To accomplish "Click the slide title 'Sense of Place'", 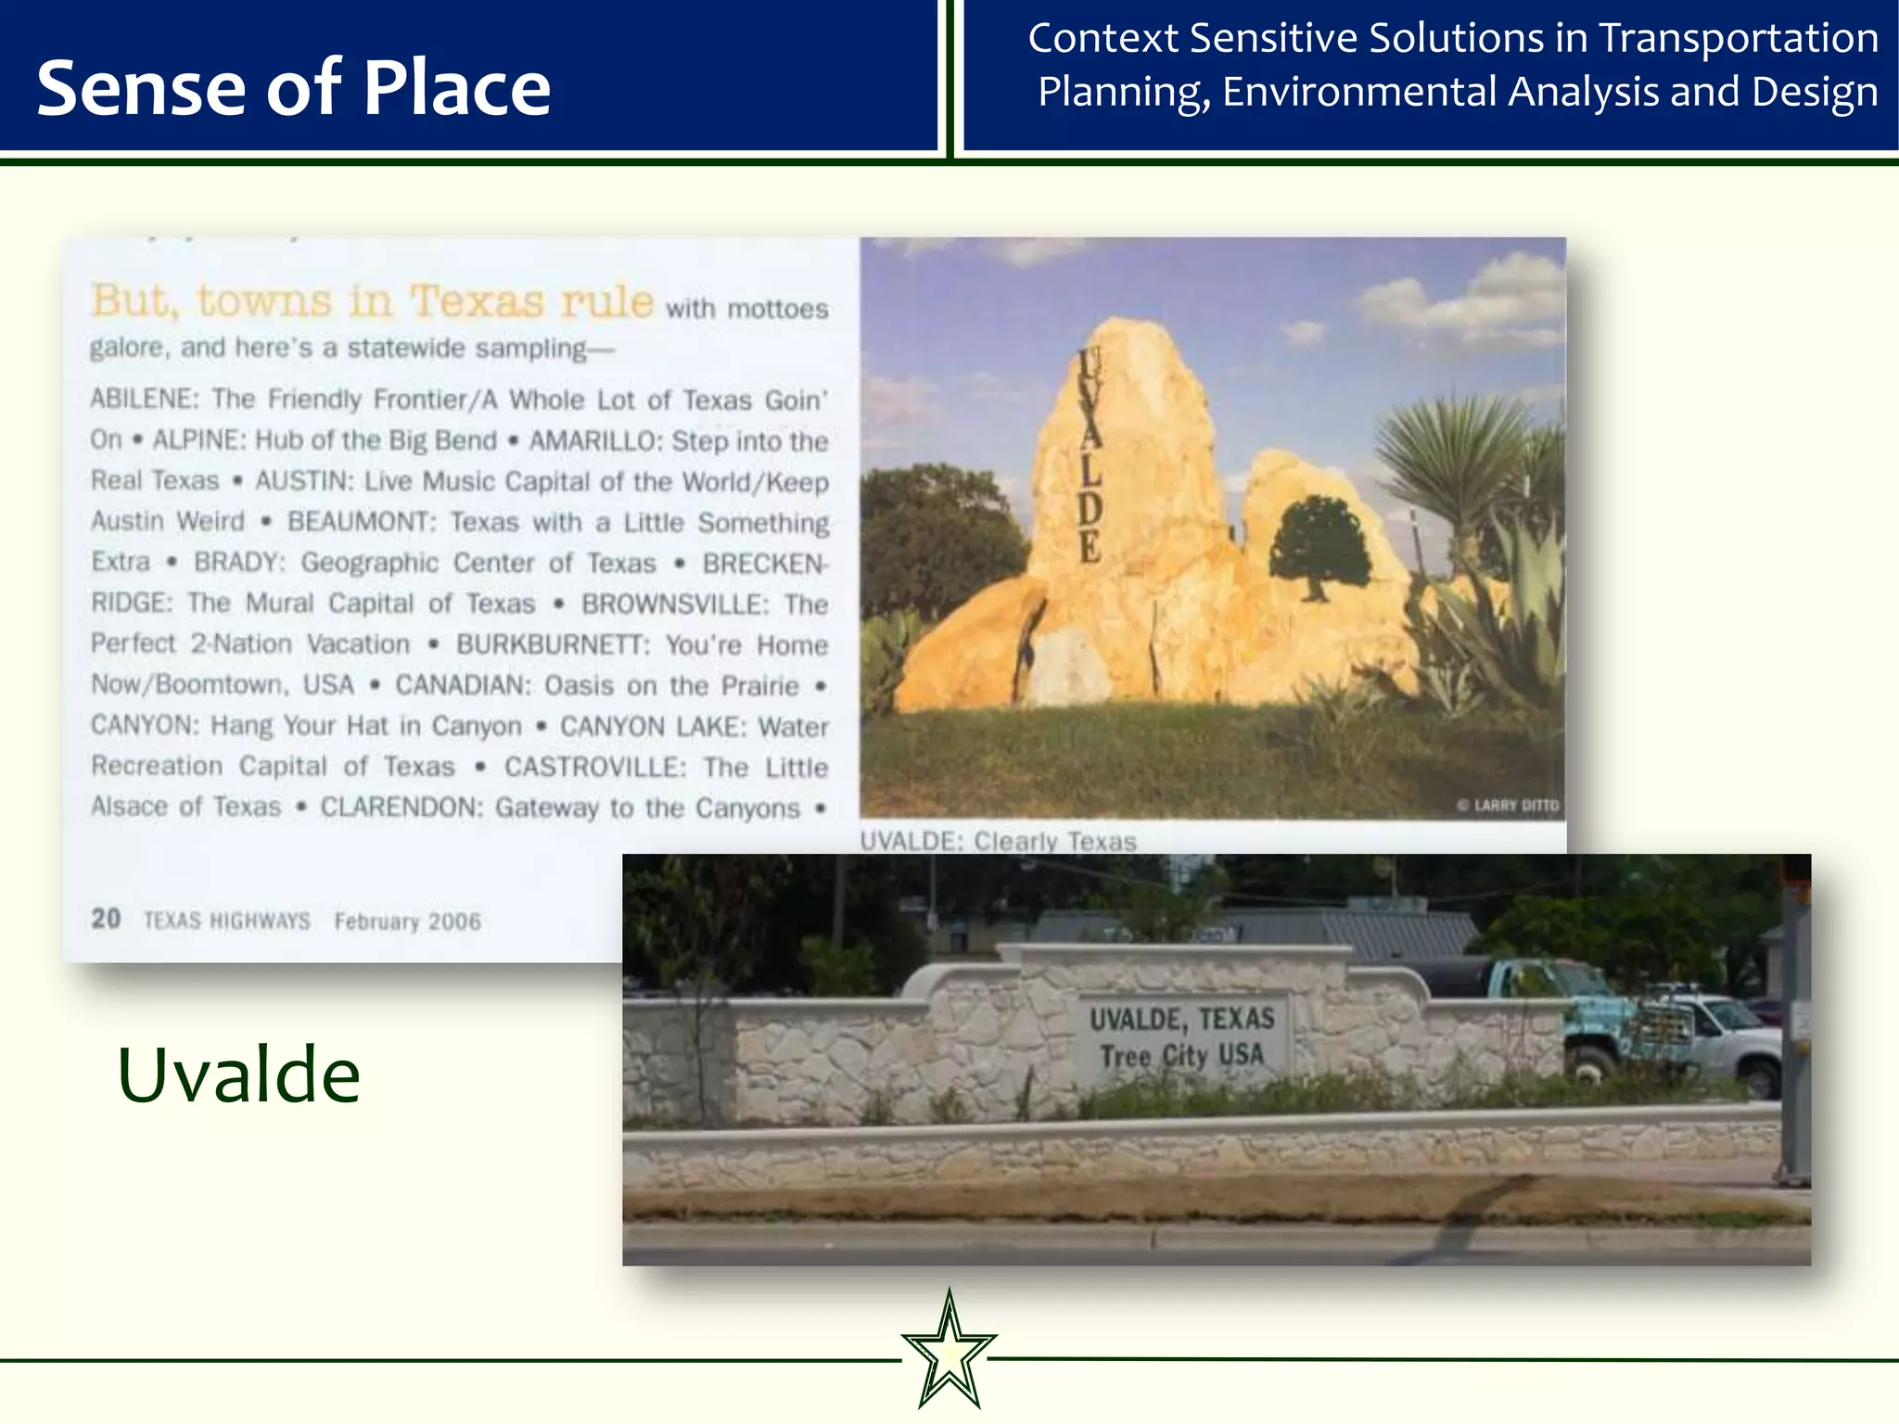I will pyautogui.click(x=293, y=88).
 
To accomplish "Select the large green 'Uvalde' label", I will pyautogui.click(x=238, y=1074).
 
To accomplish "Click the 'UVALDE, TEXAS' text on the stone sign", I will pyautogui.click(x=1181, y=1019).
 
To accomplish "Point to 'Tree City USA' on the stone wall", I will pyautogui.click(x=1181, y=1055).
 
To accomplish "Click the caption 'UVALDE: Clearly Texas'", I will pyautogui.click(x=998, y=841).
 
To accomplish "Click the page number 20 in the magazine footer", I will pyautogui.click(x=106, y=919).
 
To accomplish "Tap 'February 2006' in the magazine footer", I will pyautogui.click(x=407, y=922).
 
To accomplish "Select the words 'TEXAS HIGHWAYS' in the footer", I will pyautogui.click(x=226, y=921).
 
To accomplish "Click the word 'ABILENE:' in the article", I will pyautogui.click(x=145, y=399).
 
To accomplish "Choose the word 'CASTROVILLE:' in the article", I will pyautogui.click(x=594, y=767).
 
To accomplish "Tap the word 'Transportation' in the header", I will pyautogui.click(x=1739, y=39).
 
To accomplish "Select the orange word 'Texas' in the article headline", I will pyautogui.click(x=478, y=301).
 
